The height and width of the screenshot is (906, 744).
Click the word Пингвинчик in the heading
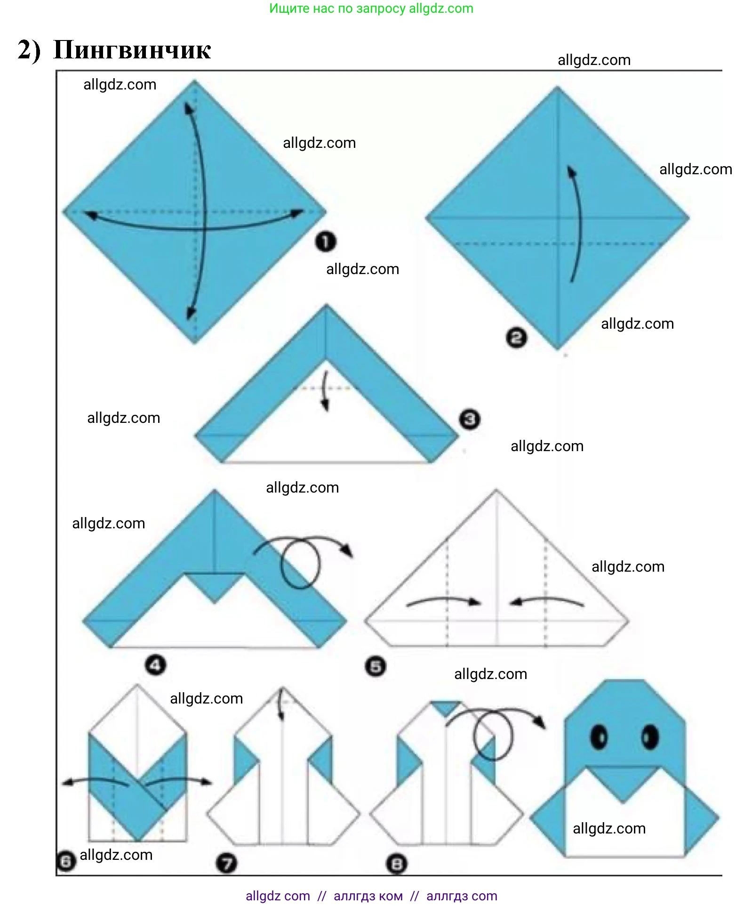click(132, 50)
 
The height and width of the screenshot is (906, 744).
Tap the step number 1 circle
click(326, 242)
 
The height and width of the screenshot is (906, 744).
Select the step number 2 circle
click(517, 338)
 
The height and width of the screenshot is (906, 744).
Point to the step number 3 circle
click(470, 419)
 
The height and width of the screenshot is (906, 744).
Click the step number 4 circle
click(156, 665)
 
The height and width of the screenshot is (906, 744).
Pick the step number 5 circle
click(376, 667)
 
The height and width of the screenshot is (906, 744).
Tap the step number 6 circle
click(66, 861)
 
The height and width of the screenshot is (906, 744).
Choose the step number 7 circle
click(227, 863)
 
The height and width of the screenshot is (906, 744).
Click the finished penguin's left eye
click(599, 736)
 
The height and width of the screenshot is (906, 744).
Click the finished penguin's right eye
click(650, 736)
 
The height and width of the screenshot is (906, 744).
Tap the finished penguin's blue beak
click(624, 784)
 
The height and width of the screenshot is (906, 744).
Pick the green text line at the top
click(371, 8)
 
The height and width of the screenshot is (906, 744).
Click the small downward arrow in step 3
click(325, 391)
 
